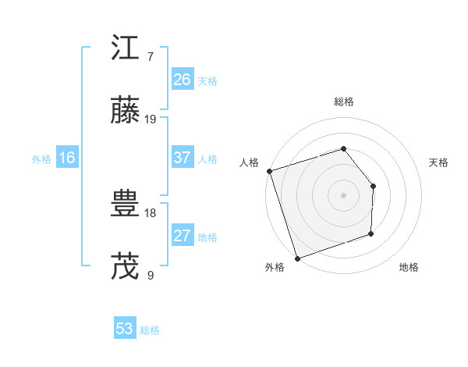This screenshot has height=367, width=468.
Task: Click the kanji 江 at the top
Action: pyautogui.click(x=126, y=50)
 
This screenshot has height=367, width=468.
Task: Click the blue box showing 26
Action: pyautogui.click(x=182, y=80)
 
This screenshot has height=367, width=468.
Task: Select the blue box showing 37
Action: pyautogui.click(x=182, y=158)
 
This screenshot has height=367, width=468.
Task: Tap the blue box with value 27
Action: pyautogui.click(x=182, y=236)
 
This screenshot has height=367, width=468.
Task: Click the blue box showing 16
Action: pyautogui.click(x=66, y=158)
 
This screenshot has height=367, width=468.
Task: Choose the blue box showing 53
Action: pyautogui.click(x=124, y=329)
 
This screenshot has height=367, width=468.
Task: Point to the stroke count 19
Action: pyautogui.click(x=151, y=119)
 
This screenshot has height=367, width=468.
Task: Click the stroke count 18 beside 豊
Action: pyautogui.click(x=151, y=212)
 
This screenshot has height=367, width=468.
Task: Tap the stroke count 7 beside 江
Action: pyautogui.click(x=150, y=57)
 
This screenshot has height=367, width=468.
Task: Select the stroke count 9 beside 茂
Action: pyautogui.click(x=150, y=275)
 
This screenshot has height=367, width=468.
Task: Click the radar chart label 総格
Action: pyautogui.click(x=343, y=102)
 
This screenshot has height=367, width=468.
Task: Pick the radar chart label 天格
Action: pyautogui.click(x=439, y=162)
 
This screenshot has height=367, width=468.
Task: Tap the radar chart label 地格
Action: pyautogui.click(x=409, y=268)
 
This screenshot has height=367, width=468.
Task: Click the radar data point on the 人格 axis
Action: pyautogui.click(x=269, y=171)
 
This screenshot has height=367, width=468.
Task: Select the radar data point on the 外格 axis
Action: pyautogui.click(x=296, y=258)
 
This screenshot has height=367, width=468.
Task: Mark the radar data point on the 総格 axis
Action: pyautogui.click(x=343, y=148)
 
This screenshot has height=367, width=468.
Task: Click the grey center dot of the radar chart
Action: pyautogui.click(x=343, y=194)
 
